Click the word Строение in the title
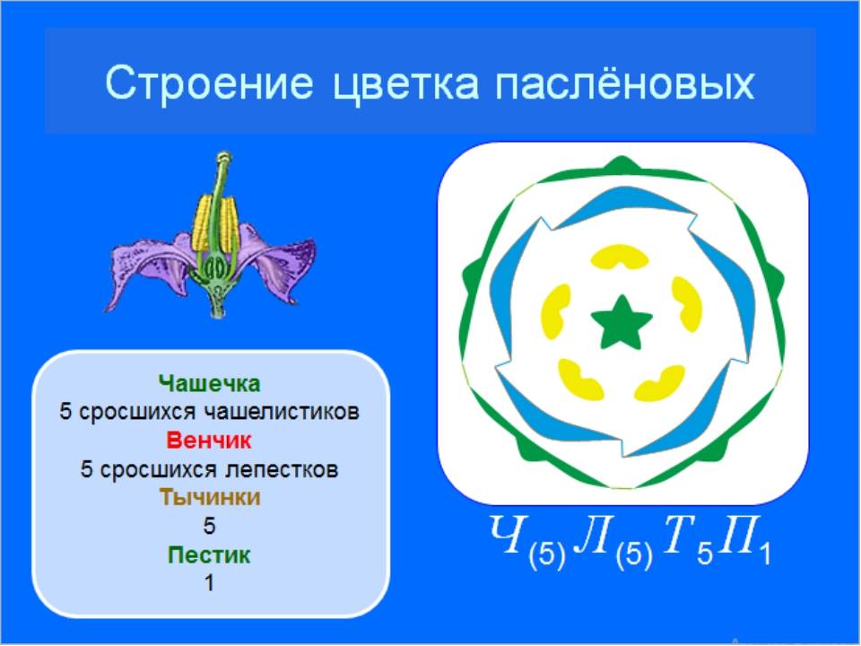[x=209, y=83]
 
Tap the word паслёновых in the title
[x=625, y=83]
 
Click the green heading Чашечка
[x=209, y=383]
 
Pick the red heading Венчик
[x=209, y=441]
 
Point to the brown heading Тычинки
[x=210, y=497]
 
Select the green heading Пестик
[x=209, y=554]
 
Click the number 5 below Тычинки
[x=209, y=527]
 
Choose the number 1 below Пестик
[x=209, y=583]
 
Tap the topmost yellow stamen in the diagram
[x=620, y=257]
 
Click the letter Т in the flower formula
[x=679, y=534]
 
